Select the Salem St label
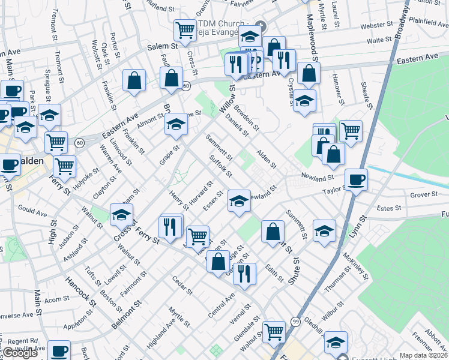163,46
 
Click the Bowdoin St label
247,118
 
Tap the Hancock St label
81,290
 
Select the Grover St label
424,194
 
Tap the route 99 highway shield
295,322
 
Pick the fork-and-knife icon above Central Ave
244,274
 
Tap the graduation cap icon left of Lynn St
324,232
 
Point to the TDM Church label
219,28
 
